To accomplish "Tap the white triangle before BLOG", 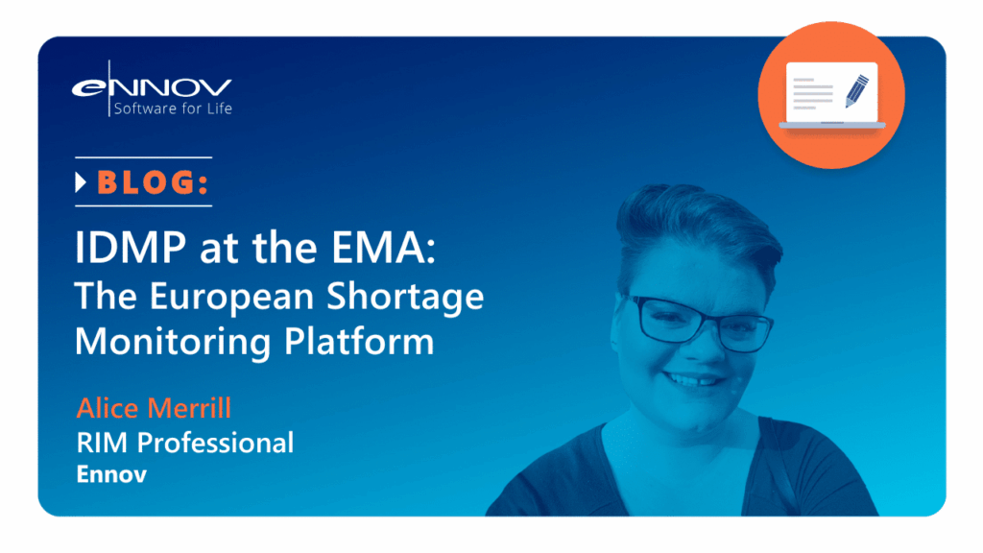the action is pos(81,182).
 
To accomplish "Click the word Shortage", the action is pos(405,298).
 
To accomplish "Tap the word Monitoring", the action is pos(173,343).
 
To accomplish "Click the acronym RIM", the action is pos(103,443).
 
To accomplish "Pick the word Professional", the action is pos(215,443).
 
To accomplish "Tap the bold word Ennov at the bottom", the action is pos(111,474).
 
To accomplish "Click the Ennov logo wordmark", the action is pos(152,87).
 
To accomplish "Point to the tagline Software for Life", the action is pos(173,108).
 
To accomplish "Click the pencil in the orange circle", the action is pos(856,91).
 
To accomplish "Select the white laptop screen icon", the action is pos(832,93).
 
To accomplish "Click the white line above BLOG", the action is pos(144,157).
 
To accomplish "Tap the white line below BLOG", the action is pos(144,205).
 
